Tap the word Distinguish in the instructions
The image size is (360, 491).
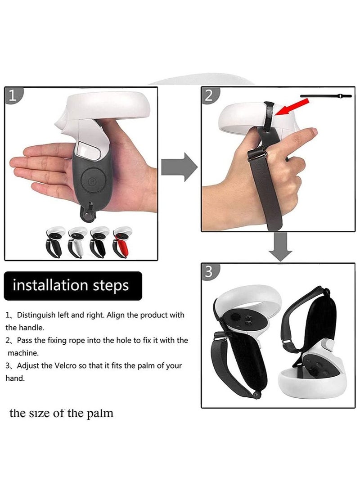[x=38, y=315]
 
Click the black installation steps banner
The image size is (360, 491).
[x=73, y=286]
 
